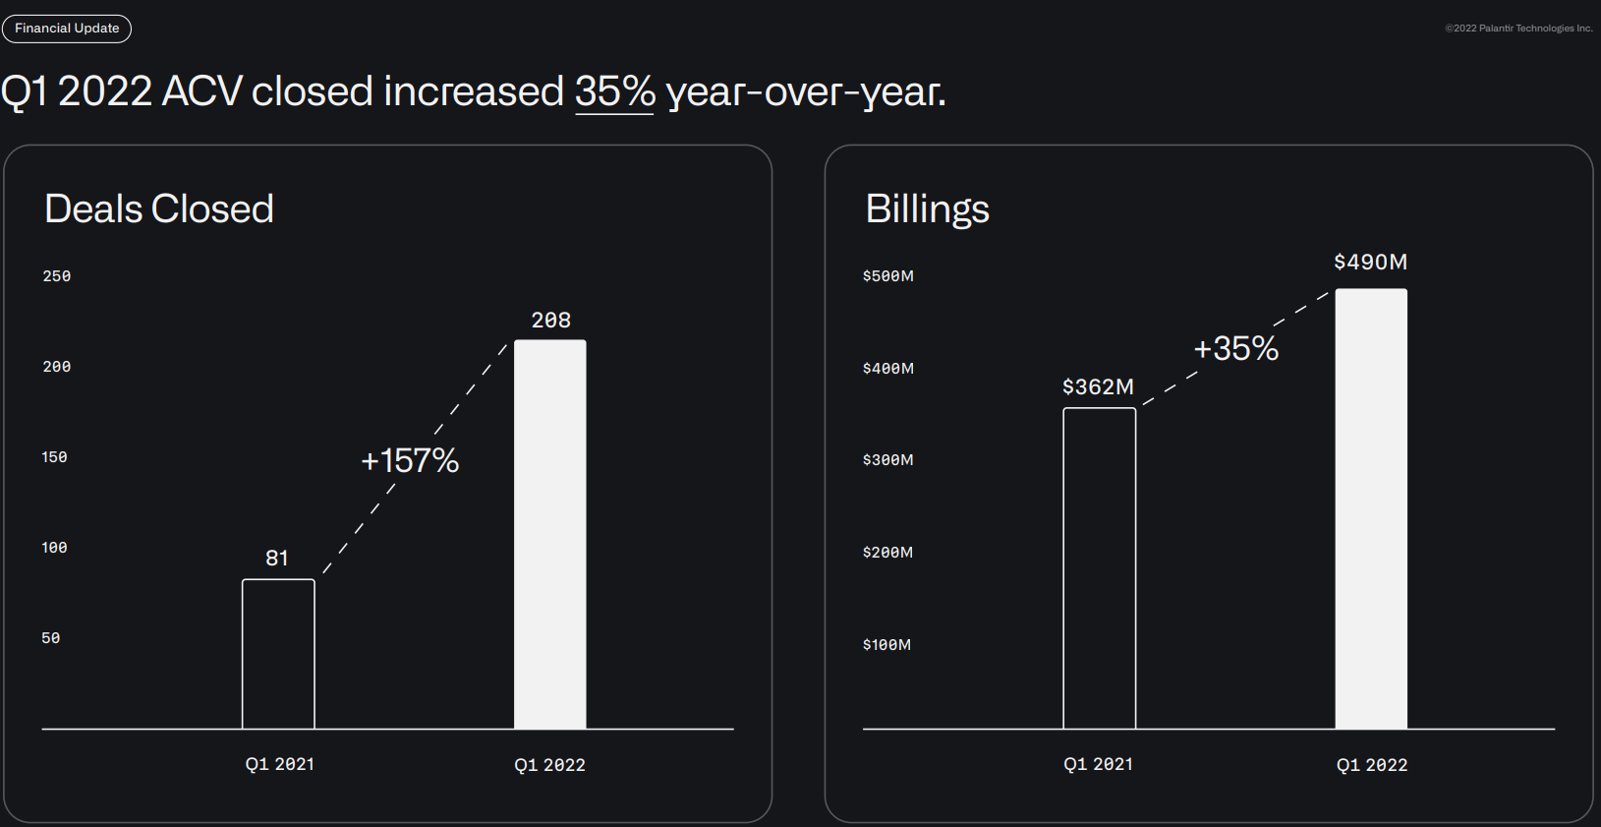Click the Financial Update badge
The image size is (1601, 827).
click(x=67, y=29)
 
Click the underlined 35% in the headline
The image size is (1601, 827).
click(x=614, y=92)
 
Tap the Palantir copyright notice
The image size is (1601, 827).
click(x=1518, y=29)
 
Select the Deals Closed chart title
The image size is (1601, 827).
click(x=159, y=208)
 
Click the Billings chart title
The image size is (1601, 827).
click(x=927, y=208)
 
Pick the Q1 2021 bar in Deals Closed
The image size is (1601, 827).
click(x=278, y=654)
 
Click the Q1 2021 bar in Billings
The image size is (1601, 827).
click(x=1099, y=568)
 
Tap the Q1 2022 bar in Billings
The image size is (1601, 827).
click(x=1371, y=508)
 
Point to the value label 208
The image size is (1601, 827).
click(x=551, y=321)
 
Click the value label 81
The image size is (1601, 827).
click(x=277, y=559)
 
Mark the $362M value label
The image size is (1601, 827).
click(x=1098, y=387)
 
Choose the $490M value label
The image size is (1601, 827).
click(x=1370, y=263)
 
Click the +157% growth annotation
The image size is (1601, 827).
click(x=410, y=460)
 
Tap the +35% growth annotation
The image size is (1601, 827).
click(x=1235, y=348)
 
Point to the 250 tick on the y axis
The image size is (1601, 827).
click(x=57, y=276)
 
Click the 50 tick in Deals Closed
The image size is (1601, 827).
click(x=51, y=638)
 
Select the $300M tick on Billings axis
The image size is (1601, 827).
click(x=887, y=460)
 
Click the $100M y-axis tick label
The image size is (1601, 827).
click(x=886, y=645)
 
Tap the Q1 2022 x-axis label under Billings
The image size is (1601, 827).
click(x=1372, y=765)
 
